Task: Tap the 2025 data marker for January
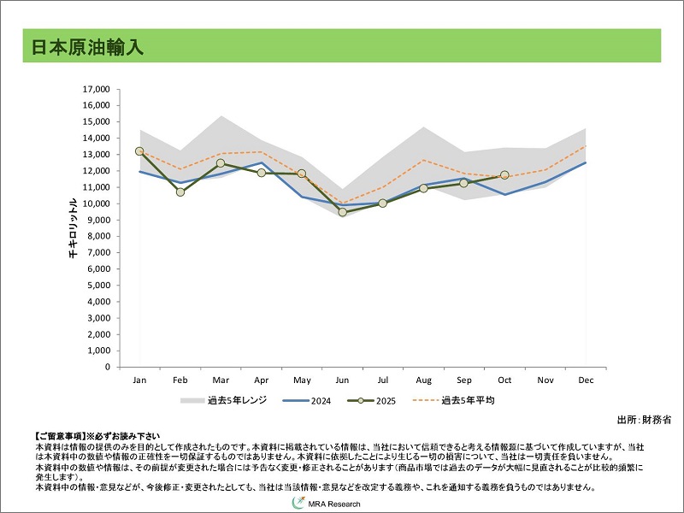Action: (x=139, y=151)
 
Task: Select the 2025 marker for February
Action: (x=180, y=192)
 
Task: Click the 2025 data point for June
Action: (x=343, y=212)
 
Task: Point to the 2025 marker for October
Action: (x=504, y=175)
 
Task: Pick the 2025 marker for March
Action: (x=221, y=163)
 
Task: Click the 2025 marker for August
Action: (x=423, y=188)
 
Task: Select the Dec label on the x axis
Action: (x=586, y=380)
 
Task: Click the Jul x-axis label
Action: (x=383, y=380)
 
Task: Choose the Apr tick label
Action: (x=261, y=380)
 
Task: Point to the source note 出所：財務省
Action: (x=644, y=420)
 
